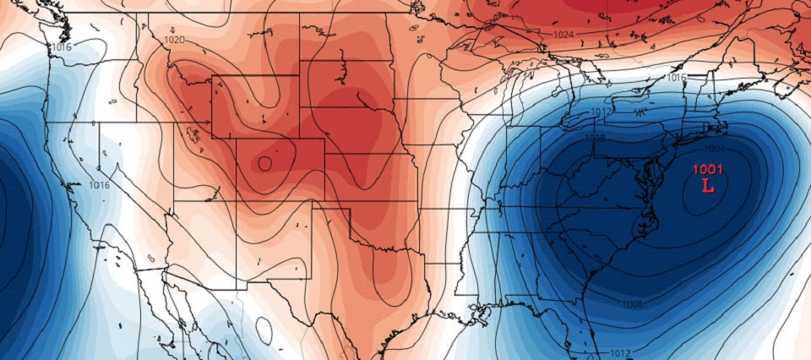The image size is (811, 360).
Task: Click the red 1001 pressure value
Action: [x=707, y=169]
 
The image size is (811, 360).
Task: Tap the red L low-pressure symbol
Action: [x=708, y=185]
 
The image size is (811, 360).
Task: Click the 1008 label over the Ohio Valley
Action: [x=595, y=138]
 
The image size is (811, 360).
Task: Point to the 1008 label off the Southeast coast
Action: [x=632, y=303]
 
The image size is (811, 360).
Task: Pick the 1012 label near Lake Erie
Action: [x=601, y=112]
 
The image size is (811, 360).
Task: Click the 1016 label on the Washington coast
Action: [x=62, y=47]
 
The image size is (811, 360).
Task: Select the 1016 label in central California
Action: [x=99, y=185]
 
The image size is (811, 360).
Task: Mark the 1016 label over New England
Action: [x=676, y=77]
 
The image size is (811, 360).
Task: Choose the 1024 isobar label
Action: [x=563, y=35]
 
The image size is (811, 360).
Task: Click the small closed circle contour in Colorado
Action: [x=265, y=163]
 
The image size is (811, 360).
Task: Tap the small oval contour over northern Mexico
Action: [x=264, y=330]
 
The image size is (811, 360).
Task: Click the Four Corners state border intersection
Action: [x=237, y=202]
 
